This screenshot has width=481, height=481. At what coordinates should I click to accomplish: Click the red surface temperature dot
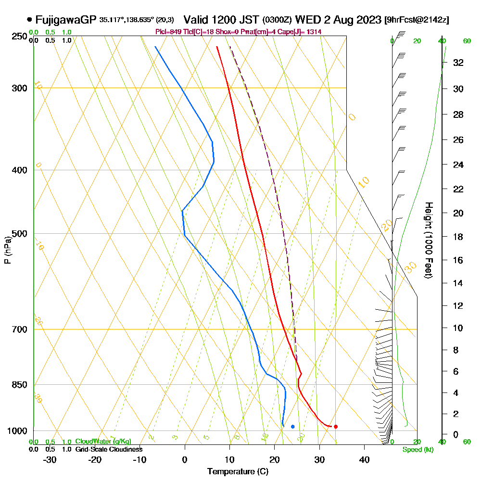pyautogui.click(x=336, y=427)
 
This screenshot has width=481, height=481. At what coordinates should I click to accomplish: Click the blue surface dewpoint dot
pyautogui.click(x=292, y=427)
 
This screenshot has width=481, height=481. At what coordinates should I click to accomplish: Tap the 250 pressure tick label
pyautogui.click(x=19, y=36)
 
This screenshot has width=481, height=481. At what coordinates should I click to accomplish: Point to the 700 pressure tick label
pyautogui.click(x=19, y=329)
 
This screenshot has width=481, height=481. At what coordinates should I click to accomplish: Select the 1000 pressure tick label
pyautogui.click(x=17, y=431)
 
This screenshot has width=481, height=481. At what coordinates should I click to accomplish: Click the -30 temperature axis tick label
pyautogui.click(x=50, y=459)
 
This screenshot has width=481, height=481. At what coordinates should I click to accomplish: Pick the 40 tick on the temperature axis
pyautogui.click(x=364, y=459)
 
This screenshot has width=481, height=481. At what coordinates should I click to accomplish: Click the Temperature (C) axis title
pyautogui.click(x=238, y=471)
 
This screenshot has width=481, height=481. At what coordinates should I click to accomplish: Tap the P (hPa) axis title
pyautogui.click(x=7, y=250)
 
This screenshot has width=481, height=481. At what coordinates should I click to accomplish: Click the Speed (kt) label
pyautogui.click(x=418, y=450)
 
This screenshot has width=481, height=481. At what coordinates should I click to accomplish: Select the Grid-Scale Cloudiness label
pyautogui.click(x=108, y=449)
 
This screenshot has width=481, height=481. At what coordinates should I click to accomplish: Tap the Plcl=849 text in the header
pyautogui.click(x=167, y=32)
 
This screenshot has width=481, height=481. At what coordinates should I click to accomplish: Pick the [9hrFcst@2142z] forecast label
pyautogui.click(x=417, y=20)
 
